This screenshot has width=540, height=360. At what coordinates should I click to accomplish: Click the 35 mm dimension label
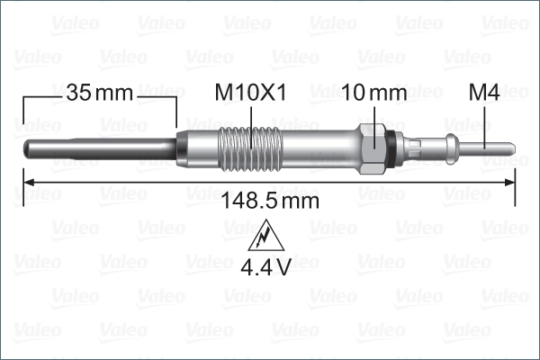(x=99, y=93)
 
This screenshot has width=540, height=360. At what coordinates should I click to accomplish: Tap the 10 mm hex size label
(x=375, y=93)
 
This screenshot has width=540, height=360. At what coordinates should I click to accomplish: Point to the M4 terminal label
(x=485, y=93)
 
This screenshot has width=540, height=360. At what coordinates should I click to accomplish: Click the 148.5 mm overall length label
(x=270, y=200)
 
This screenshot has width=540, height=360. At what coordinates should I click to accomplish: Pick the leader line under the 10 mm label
(x=373, y=117)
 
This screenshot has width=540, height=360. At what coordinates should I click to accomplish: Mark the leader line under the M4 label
(x=485, y=121)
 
